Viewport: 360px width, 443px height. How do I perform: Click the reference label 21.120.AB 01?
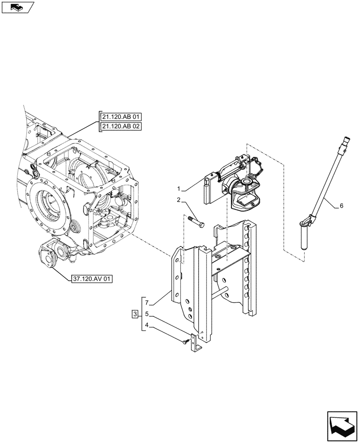(x=121, y=117)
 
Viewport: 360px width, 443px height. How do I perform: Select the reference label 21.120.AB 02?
(x=121, y=127)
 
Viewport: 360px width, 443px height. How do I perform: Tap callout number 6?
(x=342, y=206)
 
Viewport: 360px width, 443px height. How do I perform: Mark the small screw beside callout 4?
(x=185, y=341)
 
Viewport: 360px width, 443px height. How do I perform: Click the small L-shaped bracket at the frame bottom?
(x=196, y=343)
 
